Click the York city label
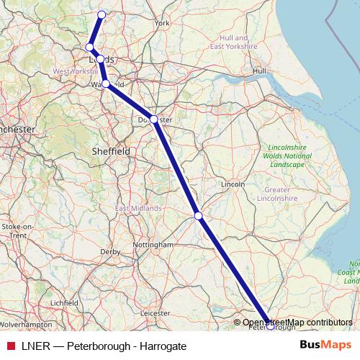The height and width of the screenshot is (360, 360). [162, 23]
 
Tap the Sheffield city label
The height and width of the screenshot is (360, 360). [112, 152]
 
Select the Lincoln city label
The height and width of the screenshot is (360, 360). [233, 184]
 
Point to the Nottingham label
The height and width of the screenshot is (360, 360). [153, 245]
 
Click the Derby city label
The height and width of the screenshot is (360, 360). [110, 252]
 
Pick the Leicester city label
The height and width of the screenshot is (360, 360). [156, 313]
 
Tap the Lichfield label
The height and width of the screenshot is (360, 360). [64, 303]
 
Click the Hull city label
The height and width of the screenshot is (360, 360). [259, 71]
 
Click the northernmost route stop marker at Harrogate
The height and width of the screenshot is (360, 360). [102, 14]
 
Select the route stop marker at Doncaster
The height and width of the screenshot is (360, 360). [153, 119]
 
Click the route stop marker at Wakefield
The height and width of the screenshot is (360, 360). [106, 84]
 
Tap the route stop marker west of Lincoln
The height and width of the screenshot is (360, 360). [198, 215]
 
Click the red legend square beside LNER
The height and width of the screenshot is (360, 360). [11, 346]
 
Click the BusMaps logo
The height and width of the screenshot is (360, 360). [325, 346]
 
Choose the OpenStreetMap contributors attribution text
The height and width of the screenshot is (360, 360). [297, 323]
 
